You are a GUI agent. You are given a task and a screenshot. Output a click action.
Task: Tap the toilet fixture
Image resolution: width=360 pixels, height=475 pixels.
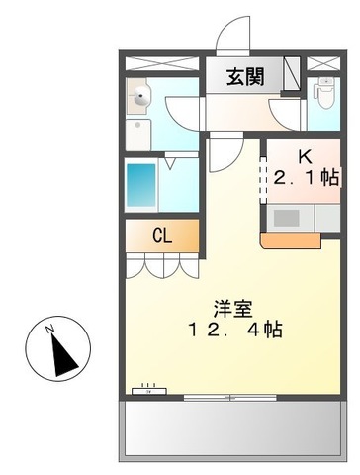(x=321, y=95)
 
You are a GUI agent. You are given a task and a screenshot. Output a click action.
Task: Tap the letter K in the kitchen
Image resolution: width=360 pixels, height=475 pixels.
(x=307, y=155)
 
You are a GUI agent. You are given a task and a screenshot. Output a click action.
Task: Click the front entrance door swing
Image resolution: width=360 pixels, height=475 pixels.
(x=233, y=38)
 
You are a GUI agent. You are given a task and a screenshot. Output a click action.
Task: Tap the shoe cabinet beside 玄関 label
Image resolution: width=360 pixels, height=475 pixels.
(x=291, y=74)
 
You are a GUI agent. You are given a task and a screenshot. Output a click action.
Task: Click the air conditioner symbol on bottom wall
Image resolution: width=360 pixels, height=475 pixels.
(x=146, y=389)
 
